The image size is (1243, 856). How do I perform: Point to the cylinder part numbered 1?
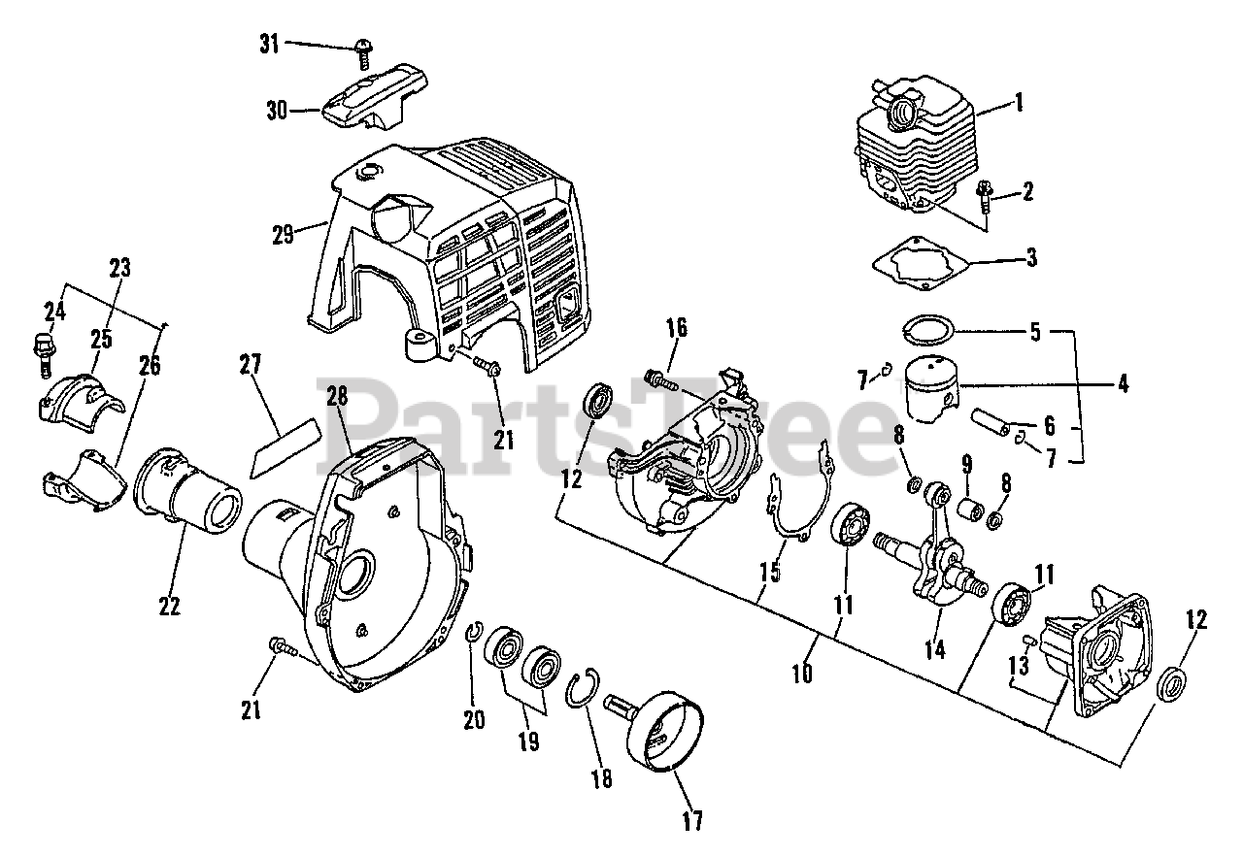[x=913, y=146]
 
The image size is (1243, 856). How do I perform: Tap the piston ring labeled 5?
[x=927, y=330]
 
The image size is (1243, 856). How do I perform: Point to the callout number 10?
[x=801, y=673]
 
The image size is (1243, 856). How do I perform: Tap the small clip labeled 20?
[x=475, y=633]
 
